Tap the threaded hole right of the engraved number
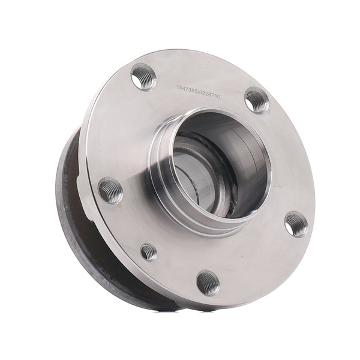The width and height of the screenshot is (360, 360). coord(256,101)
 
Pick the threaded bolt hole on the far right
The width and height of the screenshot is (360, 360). coord(296,224)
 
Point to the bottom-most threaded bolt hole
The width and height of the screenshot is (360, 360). coord(208,282)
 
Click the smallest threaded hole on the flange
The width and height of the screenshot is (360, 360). coord(149,253)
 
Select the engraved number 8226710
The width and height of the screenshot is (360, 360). coord(210,94)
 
